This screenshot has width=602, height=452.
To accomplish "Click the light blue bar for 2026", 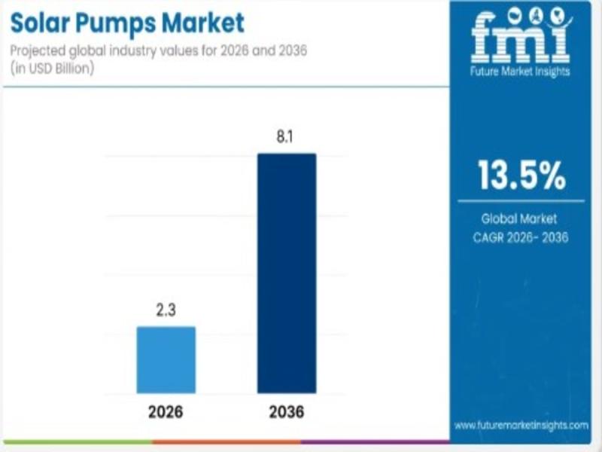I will coord(166,359).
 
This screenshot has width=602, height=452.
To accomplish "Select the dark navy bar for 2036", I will coord(287,273).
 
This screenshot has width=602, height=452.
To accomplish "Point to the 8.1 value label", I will coord(287,138).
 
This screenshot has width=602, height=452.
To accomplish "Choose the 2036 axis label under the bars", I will coord(286,413).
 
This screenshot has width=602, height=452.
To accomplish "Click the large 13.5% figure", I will coord(521,176).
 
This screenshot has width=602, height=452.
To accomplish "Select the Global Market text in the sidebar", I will coord(519,219).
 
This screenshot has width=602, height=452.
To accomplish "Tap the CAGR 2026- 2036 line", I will coord(520,238).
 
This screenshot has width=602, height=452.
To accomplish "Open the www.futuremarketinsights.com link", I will coord(521,425).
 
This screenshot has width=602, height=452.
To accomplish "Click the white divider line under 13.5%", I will coord(521,200).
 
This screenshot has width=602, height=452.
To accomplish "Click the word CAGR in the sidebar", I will coord(489,238).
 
